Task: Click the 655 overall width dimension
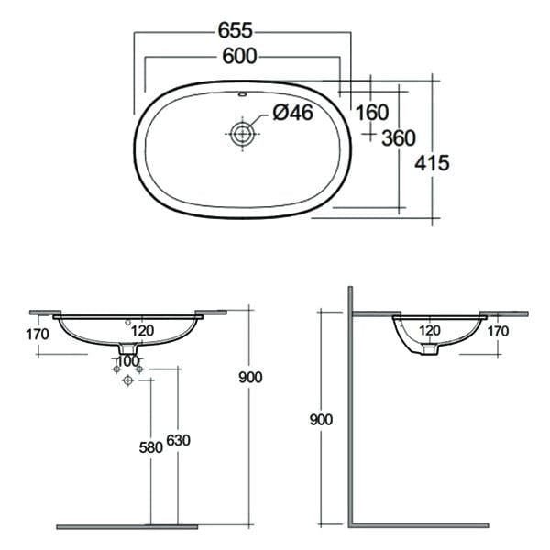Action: point(235,30)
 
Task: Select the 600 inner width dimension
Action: point(239,56)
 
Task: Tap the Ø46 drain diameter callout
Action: point(293,113)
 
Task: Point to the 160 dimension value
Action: point(372,113)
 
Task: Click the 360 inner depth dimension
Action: point(399,137)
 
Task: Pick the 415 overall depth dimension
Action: point(432,163)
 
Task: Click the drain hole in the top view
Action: point(242,134)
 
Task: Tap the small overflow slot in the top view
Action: point(242,94)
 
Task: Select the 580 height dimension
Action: point(151,447)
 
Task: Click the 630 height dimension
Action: point(178,440)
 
